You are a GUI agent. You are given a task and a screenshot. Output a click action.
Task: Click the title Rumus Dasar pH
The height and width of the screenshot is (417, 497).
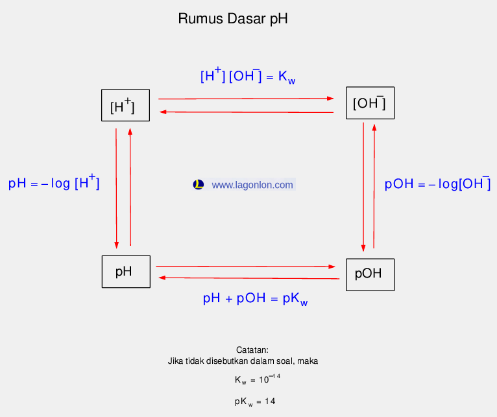pyautogui.click(x=232, y=19)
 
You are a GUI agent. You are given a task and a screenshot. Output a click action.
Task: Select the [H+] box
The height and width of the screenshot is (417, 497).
pyautogui.click(x=125, y=105)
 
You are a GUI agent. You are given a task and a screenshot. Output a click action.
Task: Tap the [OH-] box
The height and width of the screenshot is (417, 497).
pyautogui.click(x=370, y=102)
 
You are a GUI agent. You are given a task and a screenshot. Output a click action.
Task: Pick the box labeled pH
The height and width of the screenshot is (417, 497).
pyautogui.click(x=126, y=272)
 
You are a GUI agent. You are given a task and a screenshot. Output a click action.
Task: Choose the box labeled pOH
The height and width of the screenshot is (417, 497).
pyautogui.click(x=370, y=274)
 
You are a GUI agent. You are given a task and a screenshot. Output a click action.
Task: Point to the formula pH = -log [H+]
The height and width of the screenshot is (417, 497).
pyautogui.click(x=54, y=183)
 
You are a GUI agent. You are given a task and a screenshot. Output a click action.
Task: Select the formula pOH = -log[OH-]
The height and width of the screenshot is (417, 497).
pyautogui.click(x=437, y=184)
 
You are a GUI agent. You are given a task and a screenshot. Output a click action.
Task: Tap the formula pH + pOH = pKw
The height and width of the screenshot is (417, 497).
pyautogui.click(x=255, y=299)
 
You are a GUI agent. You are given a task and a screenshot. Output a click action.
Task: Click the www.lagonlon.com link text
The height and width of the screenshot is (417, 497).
pyautogui.click(x=252, y=185)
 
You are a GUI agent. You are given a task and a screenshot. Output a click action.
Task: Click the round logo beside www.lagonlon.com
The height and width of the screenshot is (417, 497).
pyautogui.click(x=199, y=185)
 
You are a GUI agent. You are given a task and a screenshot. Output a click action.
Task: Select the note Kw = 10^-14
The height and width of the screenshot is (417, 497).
pyautogui.click(x=257, y=378)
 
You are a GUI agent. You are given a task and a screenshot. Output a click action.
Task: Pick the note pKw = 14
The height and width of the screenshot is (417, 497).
pyautogui.click(x=255, y=401)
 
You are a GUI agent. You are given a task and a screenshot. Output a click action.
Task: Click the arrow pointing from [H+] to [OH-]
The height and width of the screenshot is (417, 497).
pyautogui.click(x=247, y=99)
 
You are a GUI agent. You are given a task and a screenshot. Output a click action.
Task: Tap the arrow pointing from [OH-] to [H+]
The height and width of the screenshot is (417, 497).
pyautogui.click(x=247, y=112)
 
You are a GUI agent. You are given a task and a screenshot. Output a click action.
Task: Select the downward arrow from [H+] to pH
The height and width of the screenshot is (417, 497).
pyautogui.click(x=116, y=188)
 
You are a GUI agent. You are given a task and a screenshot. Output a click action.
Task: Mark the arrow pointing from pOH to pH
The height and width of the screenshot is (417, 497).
pyautogui.click(x=249, y=278)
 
